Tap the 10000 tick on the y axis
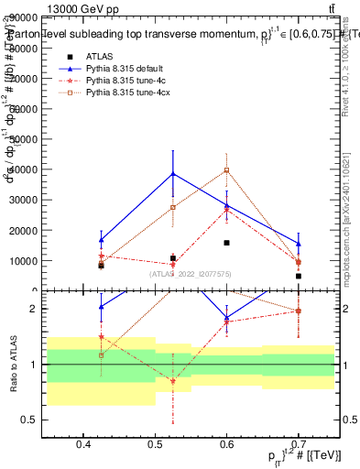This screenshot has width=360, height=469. click(48, 260)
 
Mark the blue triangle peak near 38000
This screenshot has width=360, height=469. click(172, 174)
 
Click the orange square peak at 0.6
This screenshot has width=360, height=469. click(226, 169)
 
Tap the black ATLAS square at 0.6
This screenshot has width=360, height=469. click(226, 243)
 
